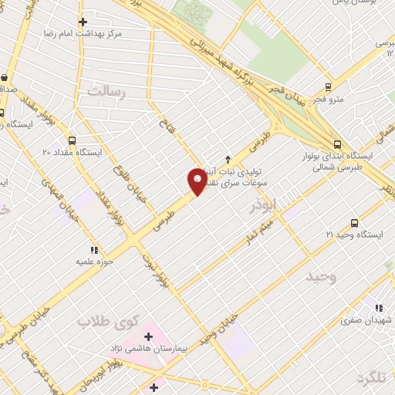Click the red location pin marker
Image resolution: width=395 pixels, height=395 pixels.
coord(197,181)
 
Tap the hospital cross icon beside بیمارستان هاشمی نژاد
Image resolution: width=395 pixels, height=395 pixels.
coord(148,336)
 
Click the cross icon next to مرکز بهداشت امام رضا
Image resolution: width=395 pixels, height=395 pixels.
coord(83,22)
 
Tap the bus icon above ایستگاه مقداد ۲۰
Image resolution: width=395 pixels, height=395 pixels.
coord(72,140)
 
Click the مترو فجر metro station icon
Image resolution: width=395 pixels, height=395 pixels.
coord(329,87)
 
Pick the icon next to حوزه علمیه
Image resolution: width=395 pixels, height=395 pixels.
coord(95,250)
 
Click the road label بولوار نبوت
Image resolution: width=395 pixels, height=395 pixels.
coord(157,269)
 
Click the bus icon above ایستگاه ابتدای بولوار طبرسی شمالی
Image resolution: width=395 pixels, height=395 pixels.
coord(336,143)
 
